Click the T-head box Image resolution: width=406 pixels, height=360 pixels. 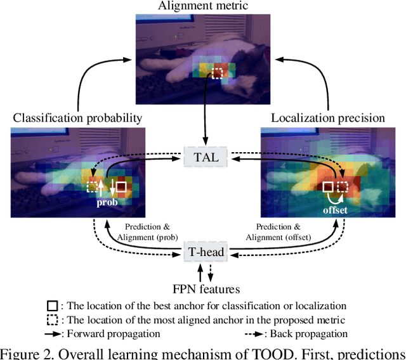tap(205, 252)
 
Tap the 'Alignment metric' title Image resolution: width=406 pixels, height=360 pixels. tap(204, 7)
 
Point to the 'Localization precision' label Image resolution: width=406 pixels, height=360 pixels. tap(328, 118)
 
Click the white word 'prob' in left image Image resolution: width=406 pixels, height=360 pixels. tap(107, 203)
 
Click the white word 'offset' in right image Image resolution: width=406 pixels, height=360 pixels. tap(334, 209)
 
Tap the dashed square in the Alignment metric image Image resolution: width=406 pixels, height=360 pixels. tap(218, 74)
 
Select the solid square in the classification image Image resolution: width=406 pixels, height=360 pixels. tap(121, 187)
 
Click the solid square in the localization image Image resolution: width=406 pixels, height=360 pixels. tap(327, 187)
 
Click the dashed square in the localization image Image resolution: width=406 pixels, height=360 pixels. tap(343, 187)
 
